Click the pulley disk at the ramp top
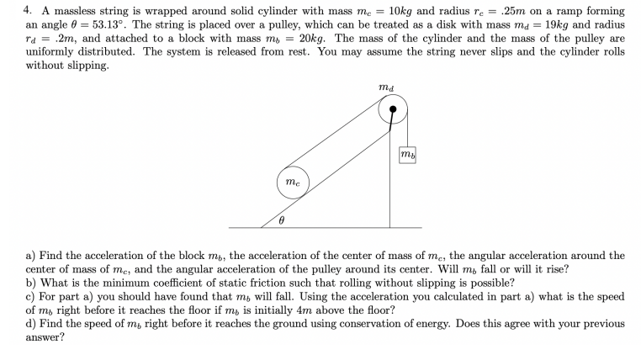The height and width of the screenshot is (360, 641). [392, 109]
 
